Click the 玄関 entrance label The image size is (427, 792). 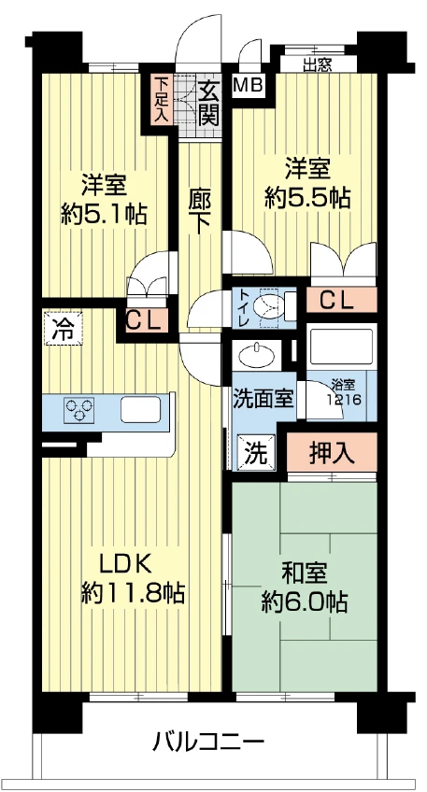click(207, 104)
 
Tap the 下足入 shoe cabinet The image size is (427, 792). click(160, 99)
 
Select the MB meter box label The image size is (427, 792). click(249, 86)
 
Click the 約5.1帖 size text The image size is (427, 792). click(104, 216)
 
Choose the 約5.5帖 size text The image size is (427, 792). click(307, 199)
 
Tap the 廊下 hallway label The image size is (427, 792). click(200, 211)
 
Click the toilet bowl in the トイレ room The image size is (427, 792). click(269, 306)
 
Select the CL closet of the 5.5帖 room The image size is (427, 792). click(342, 302)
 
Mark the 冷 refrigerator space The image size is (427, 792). click(63, 329)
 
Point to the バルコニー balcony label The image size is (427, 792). click(209, 742)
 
